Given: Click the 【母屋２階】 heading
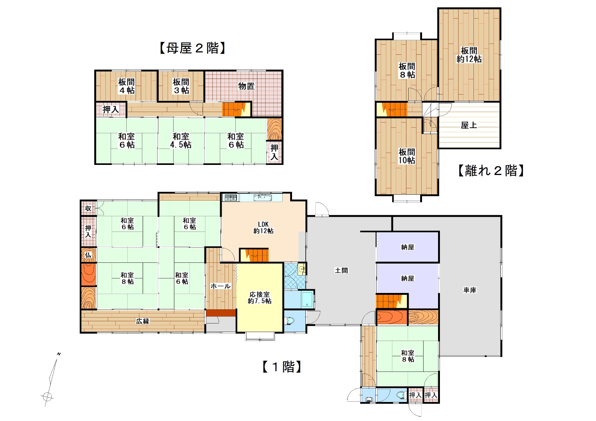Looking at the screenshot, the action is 192,48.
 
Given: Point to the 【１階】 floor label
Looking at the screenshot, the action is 282,367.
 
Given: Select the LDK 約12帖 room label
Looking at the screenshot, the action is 263,227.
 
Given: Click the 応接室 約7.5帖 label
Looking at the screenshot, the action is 259,297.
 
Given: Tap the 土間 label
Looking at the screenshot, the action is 341,271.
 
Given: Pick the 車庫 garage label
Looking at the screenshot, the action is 470,290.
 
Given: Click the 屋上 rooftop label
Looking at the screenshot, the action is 469,125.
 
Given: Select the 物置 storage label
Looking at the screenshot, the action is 246,86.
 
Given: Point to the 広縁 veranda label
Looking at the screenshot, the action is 143,321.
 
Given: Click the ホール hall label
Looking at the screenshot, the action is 221,286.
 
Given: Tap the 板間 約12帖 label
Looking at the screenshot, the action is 469,54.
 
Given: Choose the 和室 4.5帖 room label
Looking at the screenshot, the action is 181,140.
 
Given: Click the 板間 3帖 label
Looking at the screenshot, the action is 181,86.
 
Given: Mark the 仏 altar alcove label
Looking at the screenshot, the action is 88,255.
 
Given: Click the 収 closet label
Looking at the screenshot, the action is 88,208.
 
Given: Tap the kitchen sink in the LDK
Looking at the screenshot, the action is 263,198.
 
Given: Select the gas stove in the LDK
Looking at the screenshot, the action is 231,198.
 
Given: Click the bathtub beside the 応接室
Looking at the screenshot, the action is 307,299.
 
